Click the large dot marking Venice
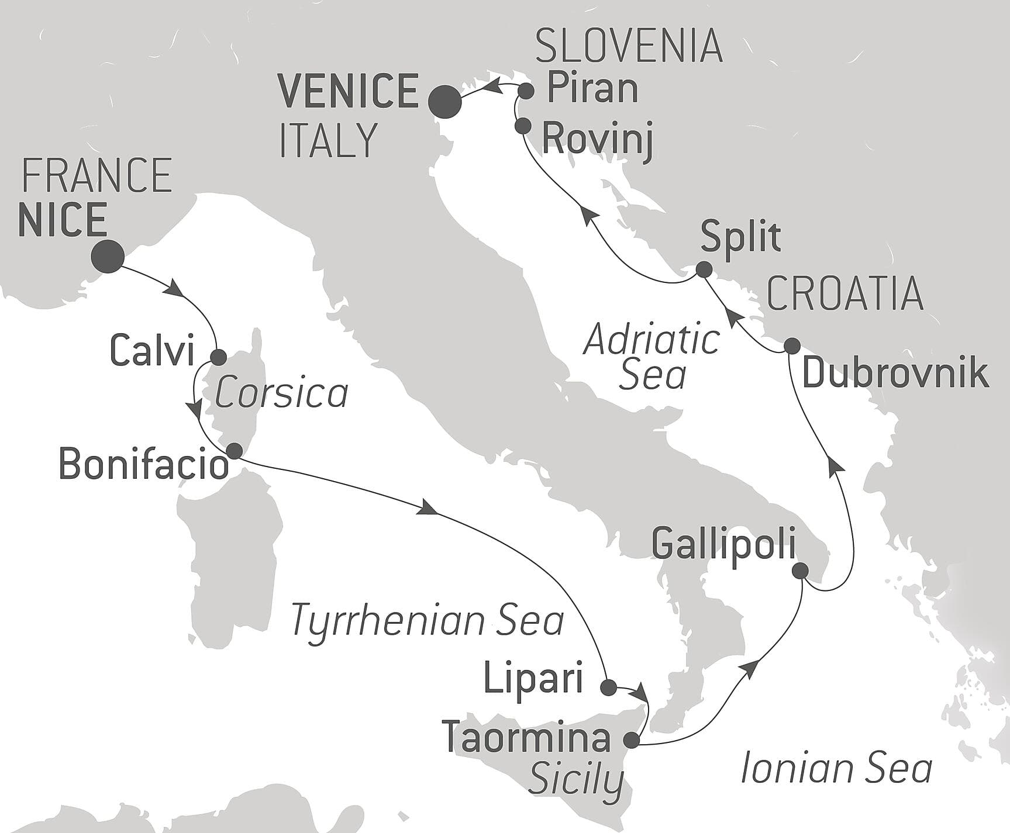tap(445, 102)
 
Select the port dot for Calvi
tap(218, 357)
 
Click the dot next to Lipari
tap(609, 687)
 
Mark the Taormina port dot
tap(632, 741)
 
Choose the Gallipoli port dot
tap(800, 571)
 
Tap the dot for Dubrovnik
tap(791, 346)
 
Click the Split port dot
tap(704, 269)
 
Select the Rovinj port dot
tap(522, 126)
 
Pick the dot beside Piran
tap(526, 91)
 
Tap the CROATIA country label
tap(845, 294)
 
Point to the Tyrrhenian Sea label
tap(427, 621)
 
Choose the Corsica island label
tap(281, 393)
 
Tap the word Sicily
tap(575, 780)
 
